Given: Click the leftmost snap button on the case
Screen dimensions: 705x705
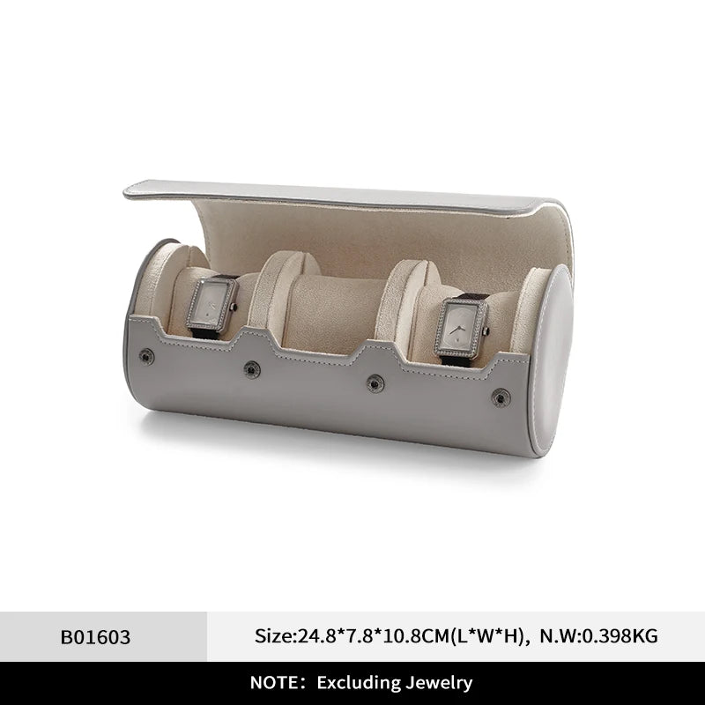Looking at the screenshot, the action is pyautogui.click(x=146, y=357).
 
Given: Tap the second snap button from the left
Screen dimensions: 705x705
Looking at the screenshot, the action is pyautogui.click(x=252, y=369).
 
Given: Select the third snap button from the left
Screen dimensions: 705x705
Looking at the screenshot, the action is pyautogui.click(x=375, y=383).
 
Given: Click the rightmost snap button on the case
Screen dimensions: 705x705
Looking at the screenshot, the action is pyautogui.click(x=501, y=398).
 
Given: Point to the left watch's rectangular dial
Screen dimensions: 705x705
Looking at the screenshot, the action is pyautogui.click(x=211, y=304).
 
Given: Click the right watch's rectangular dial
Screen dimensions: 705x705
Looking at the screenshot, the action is pyautogui.click(x=461, y=328).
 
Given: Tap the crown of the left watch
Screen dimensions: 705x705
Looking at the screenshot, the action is pyautogui.click(x=234, y=308).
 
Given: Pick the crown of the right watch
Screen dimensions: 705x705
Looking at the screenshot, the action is pyautogui.click(x=486, y=332).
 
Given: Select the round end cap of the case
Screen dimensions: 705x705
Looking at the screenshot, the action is pyautogui.click(x=553, y=360).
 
